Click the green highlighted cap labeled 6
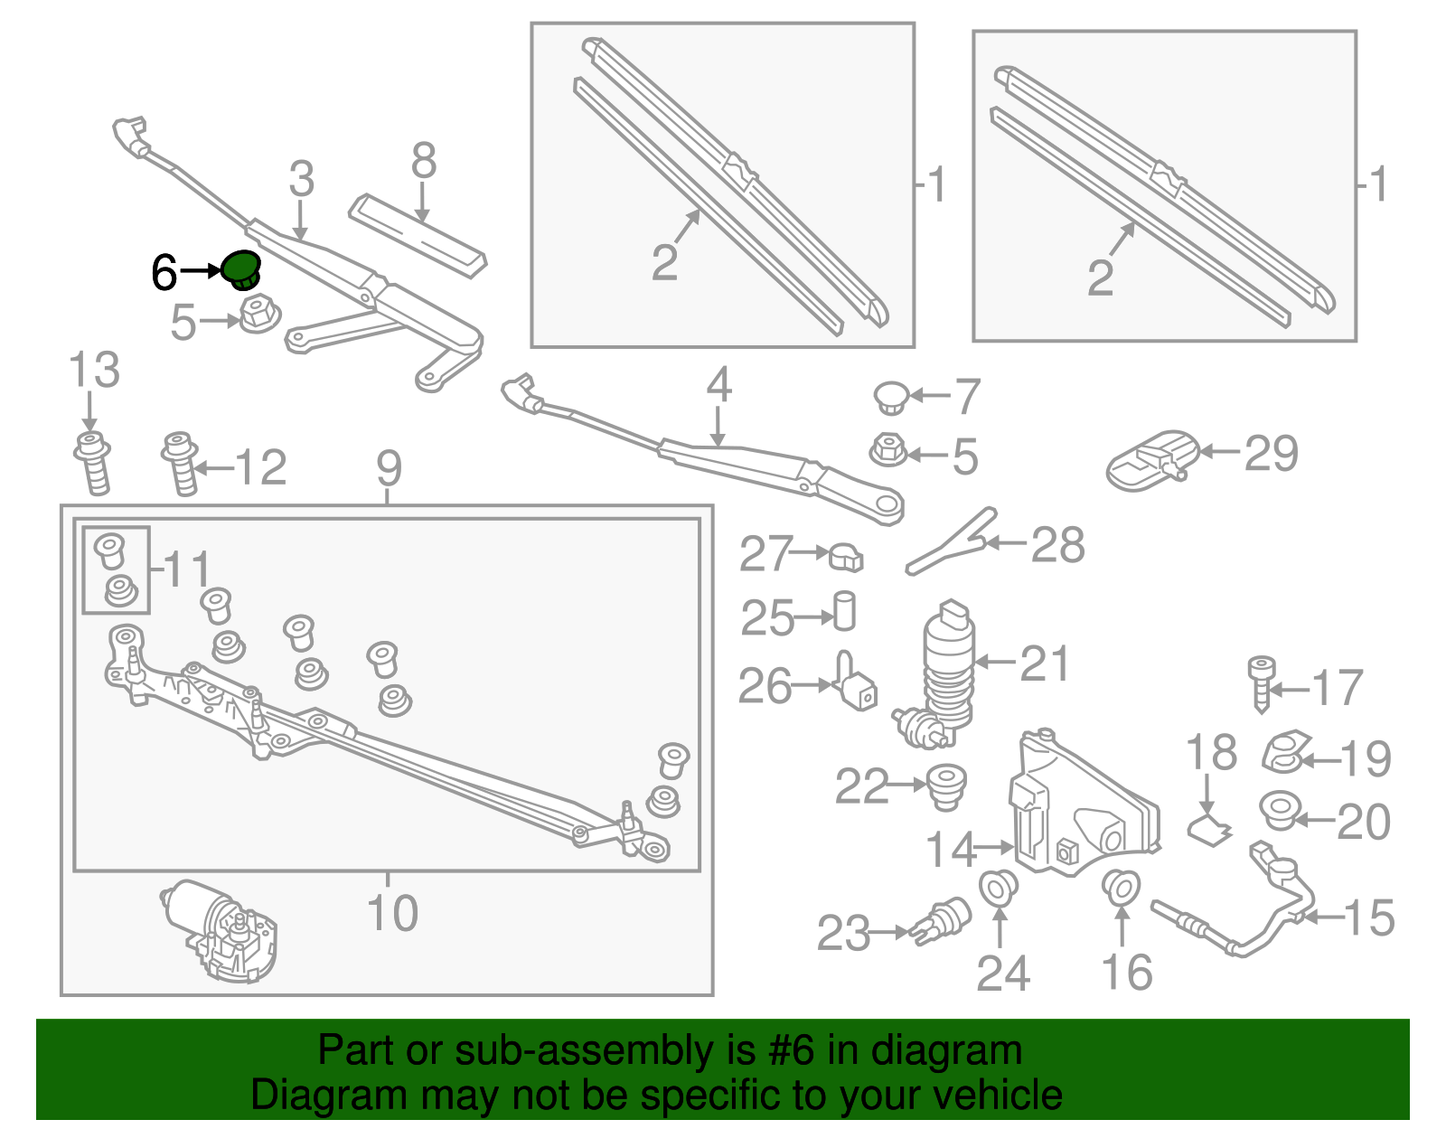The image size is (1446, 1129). point(241,268)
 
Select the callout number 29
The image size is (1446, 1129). point(1271,453)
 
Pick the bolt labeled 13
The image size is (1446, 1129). point(93,462)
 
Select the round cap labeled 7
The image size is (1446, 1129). point(892,397)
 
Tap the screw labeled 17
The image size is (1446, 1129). point(1262,684)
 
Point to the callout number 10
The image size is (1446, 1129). point(392,912)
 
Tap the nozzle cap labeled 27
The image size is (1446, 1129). point(846,557)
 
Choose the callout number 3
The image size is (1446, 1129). point(301,179)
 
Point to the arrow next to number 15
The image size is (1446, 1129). point(1321,917)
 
